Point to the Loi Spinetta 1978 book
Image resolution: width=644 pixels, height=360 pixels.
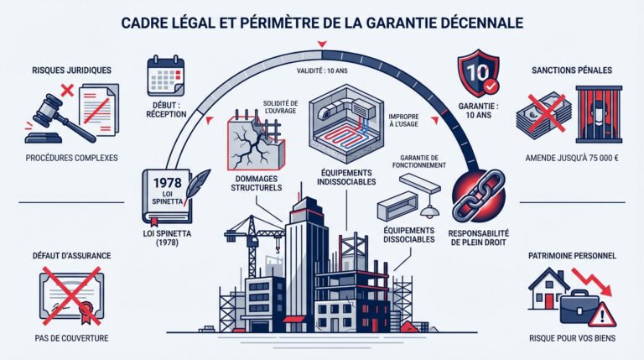[168, 193]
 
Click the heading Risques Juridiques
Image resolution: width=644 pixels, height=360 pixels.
[65, 70]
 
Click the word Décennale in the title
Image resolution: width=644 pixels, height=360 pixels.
[473, 20]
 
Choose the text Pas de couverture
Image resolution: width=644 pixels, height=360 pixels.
[68, 338]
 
